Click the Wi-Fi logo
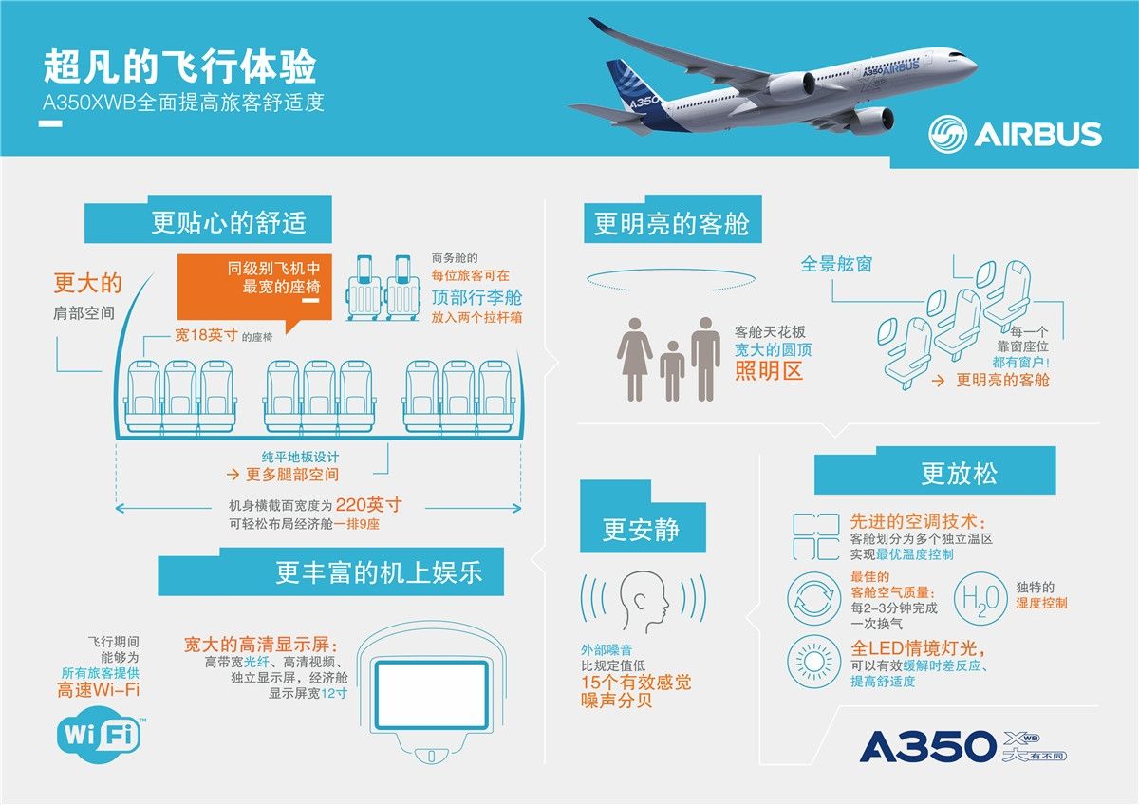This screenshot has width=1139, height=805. click(100, 736)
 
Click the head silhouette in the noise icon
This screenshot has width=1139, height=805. click(644, 601)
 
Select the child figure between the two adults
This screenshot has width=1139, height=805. click(672, 371)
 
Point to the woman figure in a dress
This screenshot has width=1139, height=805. click(635, 360)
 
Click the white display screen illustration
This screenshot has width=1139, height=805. click(431, 695)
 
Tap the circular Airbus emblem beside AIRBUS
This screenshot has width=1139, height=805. click(948, 134)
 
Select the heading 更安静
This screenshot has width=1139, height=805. click(641, 530)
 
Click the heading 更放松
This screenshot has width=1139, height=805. click(959, 473)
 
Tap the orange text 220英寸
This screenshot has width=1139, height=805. click(368, 504)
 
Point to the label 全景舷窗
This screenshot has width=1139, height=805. click(836, 264)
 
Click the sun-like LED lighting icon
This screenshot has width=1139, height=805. click(814, 662)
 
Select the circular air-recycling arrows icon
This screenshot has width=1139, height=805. click(814, 599)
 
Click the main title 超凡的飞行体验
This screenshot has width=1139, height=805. click(180, 66)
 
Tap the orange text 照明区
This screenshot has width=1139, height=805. click(768, 371)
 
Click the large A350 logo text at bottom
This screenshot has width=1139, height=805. click(928, 746)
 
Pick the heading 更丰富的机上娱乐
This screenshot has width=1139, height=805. click(379, 572)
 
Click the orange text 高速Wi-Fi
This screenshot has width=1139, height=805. click(98, 690)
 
